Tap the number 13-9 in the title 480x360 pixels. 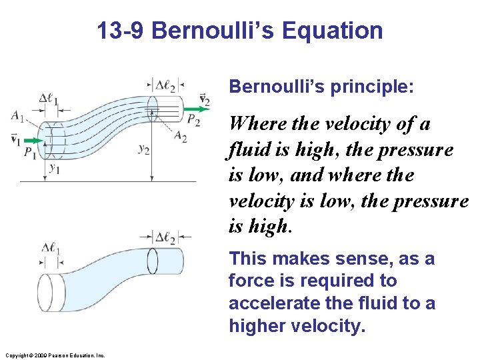pyautogui.click(x=121, y=31)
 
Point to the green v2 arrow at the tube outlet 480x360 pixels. pyautogui.click(x=195, y=109)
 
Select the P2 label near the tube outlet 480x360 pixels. pyautogui.click(x=193, y=121)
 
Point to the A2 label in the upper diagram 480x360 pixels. pyautogui.click(x=179, y=137)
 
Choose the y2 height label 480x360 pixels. pyautogui.click(x=143, y=149)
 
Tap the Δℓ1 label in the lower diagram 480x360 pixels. pyautogui.click(x=51, y=251)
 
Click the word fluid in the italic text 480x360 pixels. pyautogui.click(x=248, y=149)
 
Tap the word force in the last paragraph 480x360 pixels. pyautogui.click(x=247, y=281)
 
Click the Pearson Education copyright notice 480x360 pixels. pyautogui.click(x=55, y=355)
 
